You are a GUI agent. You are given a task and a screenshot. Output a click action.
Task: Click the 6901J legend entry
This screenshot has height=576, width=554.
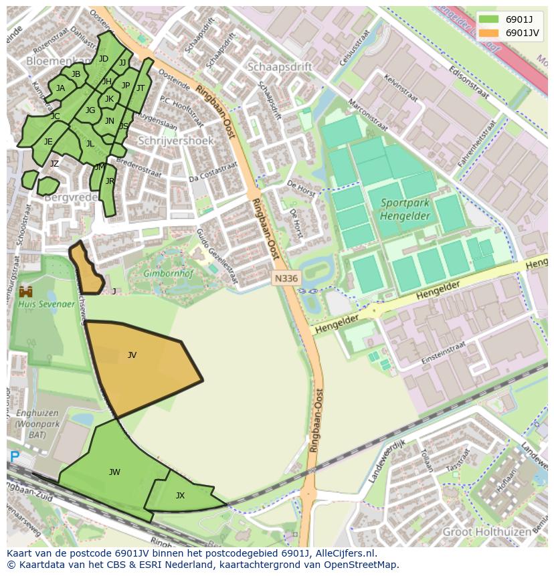tap(519, 19)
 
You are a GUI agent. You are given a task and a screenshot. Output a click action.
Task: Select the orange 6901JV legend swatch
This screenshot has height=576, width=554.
tap(488, 33)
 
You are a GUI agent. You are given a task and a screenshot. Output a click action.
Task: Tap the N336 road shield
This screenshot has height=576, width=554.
tap(286, 278)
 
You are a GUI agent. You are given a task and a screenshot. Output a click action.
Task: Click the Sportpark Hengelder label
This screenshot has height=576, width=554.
tap(405, 209)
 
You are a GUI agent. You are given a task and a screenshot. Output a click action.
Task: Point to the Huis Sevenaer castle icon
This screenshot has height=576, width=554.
tap(27, 292)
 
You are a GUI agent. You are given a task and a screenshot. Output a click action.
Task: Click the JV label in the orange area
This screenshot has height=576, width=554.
tap(132, 355)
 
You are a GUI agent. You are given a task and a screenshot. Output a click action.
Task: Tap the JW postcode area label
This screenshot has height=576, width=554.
tap(114, 472)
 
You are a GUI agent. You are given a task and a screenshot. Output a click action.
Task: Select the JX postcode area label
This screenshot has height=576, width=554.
tap(180, 496)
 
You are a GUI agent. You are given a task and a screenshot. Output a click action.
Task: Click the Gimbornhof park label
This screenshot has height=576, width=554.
tap(165, 274)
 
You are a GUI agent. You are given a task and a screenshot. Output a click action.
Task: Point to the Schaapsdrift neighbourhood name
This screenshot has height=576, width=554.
tap(280, 67)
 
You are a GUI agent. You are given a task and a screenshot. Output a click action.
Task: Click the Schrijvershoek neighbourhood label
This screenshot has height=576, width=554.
tap(175, 141)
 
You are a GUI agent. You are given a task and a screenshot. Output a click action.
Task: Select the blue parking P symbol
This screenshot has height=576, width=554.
tap(14, 457)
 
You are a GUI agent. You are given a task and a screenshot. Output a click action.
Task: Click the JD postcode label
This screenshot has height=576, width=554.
tap(103, 59)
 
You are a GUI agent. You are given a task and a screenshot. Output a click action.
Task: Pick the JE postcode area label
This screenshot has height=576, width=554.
tap(48, 142)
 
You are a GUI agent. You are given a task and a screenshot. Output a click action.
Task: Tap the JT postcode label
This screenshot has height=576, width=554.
tap(141, 88)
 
